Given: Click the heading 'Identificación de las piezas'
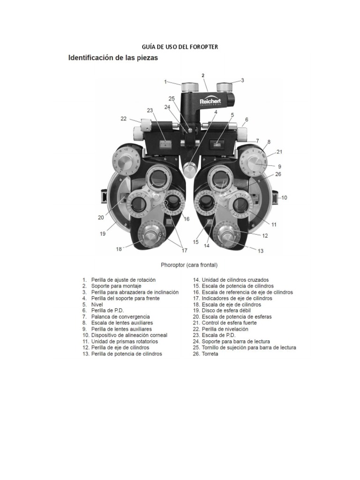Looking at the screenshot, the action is coord(113,59).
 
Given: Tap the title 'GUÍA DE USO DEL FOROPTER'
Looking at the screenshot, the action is coord(180,46).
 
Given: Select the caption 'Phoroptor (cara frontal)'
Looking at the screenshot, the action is coord(189,265).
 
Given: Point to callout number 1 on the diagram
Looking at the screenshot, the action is coord(165,82).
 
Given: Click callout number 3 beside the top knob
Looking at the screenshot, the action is coord(243,80).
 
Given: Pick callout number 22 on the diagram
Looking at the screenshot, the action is coord(123,119).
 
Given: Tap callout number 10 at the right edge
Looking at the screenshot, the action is coord(284,198).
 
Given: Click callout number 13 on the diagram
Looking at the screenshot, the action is coord(260,251).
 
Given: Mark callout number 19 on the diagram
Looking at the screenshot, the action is coord(102,233).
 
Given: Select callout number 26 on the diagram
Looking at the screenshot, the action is coord(278,174).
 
